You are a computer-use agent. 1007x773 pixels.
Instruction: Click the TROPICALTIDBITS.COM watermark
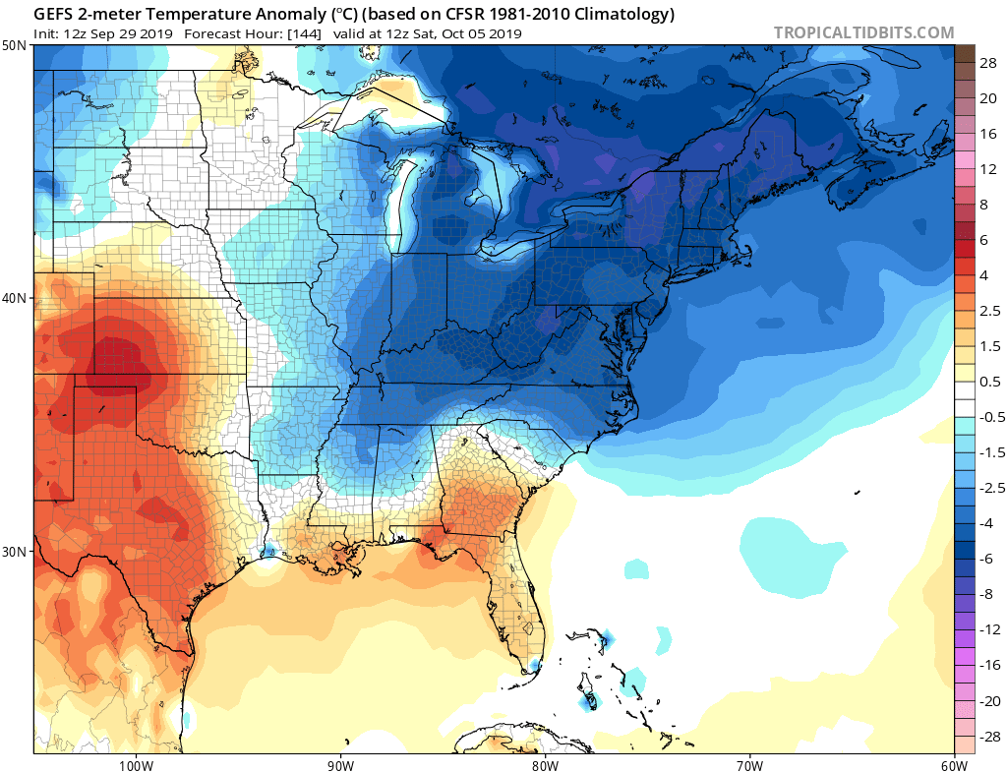[x=863, y=32]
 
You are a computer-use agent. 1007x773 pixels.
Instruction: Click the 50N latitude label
[x=15, y=46]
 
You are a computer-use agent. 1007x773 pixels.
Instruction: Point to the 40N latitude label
[x=15, y=298]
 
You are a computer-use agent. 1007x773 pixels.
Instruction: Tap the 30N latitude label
[x=15, y=551]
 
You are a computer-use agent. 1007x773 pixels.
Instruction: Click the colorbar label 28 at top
[x=988, y=62]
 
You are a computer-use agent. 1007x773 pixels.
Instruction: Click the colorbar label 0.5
[x=990, y=382]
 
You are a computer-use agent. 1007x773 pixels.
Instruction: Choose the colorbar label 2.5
[x=990, y=311]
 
